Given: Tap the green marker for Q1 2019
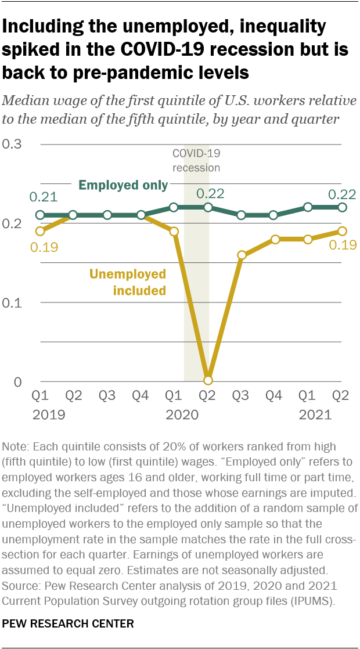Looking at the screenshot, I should pyautogui.click(x=40, y=215).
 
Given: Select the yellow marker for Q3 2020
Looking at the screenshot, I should pyautogui.click(x=242, y=255).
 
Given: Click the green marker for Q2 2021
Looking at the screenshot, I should pyautogui.click(x=343, y=207).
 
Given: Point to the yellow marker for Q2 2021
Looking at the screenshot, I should pyautogui.click(x=343, y=231).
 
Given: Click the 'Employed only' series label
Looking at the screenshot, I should pyautogui.click(x=123, y=186).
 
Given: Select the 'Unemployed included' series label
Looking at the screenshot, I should pyautogui.click(x=127, y=282).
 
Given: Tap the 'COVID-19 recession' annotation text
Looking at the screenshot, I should pyautogui.click(x=196, y=161).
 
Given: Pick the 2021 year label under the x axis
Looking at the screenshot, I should pyautogui.click(x=315, y=414).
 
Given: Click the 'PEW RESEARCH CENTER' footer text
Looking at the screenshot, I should pyautogui.click(x=69, y=624).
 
